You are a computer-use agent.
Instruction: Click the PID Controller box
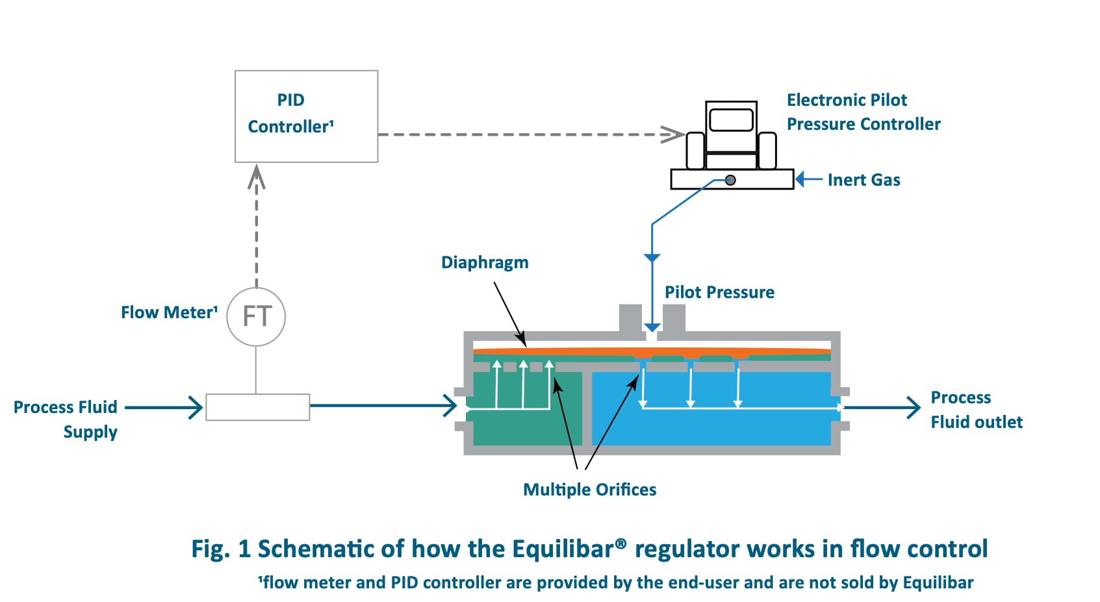pos(306,116)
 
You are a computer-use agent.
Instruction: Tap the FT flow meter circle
pos(256,317)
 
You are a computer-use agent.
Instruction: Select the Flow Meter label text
pos(169,312)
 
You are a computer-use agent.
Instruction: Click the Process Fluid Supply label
pos(66,419)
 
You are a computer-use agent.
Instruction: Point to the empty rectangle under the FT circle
pos(257,407)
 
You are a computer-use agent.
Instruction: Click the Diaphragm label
pos(485,262)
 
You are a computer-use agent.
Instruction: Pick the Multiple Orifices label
pos(589,490)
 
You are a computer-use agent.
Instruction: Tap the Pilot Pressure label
pos(719,292)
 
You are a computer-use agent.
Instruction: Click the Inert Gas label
pos(863,180)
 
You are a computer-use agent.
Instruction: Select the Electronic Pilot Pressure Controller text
pos(863,112)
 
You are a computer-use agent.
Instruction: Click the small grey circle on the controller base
pos(730,180)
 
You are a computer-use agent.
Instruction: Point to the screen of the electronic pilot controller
pos(731,120)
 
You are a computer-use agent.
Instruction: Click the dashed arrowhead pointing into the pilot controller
pos(673,134)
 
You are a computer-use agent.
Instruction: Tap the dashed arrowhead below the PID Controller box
pos(257,177)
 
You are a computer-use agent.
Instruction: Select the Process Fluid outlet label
pos(976,410)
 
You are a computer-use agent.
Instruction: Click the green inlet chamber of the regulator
pos(526,425)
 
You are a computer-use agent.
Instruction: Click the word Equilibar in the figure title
pos(563,549)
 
